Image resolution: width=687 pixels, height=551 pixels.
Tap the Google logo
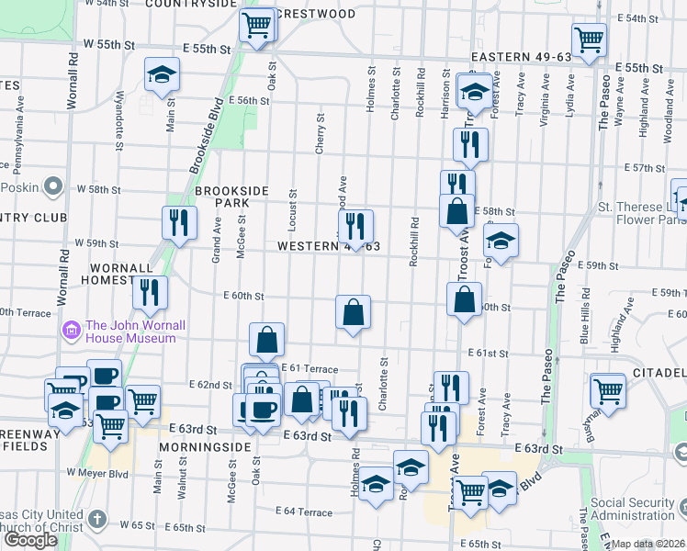[x=30, y=539]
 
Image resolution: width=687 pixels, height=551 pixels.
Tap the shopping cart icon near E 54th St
[x=589, y=39]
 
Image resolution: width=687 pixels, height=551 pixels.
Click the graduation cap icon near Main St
[x=162, y=74]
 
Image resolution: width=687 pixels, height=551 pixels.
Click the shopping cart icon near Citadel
[x=608, y=389]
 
